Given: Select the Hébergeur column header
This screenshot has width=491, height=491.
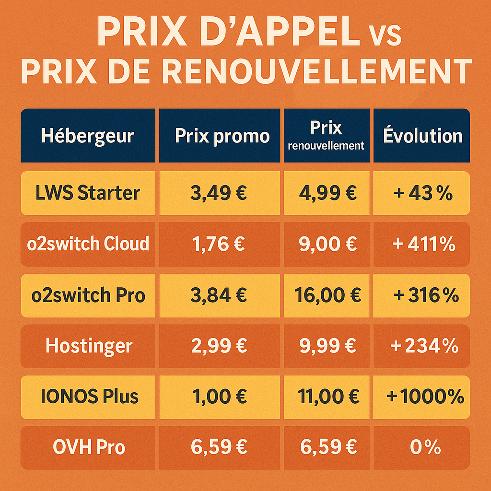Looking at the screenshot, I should [88, 136].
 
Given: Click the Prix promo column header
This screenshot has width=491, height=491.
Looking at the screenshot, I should [222, 136].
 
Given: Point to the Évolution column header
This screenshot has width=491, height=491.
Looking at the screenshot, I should [422, 136].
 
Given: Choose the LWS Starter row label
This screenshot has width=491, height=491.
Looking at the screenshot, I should [88, 193].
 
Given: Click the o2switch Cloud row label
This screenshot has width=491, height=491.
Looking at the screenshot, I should [88, 244].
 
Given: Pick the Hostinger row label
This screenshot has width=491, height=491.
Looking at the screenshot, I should [89, 346].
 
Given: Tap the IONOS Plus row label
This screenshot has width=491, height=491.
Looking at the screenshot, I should [89, 397].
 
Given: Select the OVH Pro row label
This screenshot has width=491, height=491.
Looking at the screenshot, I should [89, 447].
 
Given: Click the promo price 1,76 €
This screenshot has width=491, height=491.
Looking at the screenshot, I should [218, 245].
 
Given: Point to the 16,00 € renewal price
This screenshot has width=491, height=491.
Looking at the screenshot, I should [327, 295].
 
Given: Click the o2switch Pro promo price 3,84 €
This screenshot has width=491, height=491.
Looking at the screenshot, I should [219, 295].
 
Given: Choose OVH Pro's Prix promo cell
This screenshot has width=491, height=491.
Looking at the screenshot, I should [219, 447].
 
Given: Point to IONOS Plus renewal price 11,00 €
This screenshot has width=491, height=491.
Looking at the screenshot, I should [327, 397].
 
